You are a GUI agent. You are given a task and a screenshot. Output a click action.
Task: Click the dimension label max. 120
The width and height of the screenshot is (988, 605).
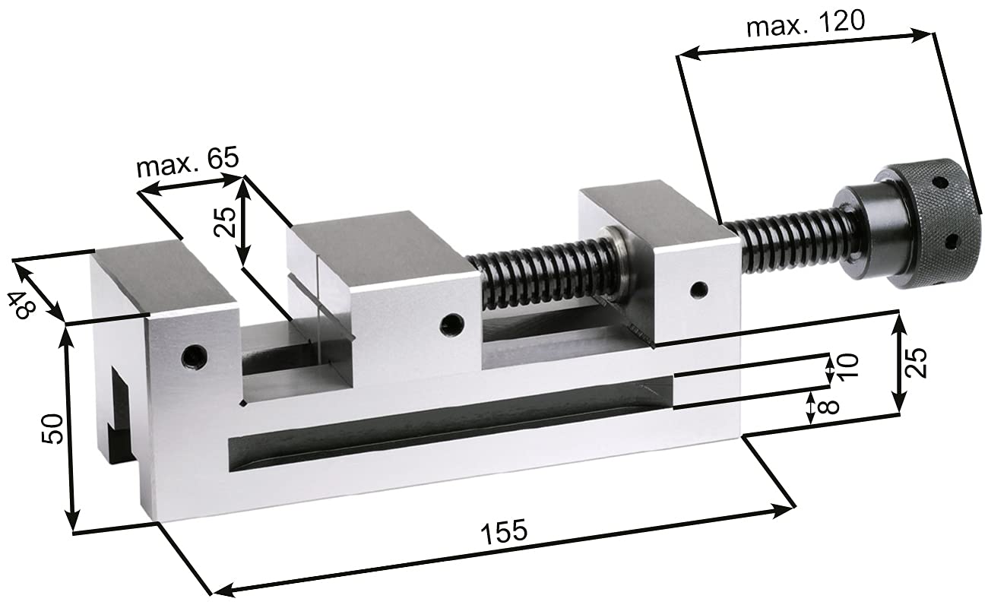[x=806, y=24]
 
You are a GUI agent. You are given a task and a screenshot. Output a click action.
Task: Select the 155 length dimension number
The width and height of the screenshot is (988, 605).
[x=504, y=531]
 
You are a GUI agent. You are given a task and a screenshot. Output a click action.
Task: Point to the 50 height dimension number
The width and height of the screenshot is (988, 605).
[x=52, y=429]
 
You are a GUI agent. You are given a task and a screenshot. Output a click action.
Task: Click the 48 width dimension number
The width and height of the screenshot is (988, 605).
[x=21, y=306]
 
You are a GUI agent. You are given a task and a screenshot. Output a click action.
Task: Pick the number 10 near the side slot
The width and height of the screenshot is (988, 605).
[x=847, y=366]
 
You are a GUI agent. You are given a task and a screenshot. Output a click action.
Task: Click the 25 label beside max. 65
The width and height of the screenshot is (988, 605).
[x=225, y=222]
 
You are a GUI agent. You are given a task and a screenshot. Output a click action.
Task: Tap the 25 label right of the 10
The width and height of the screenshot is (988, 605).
[x=916, y=363]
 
